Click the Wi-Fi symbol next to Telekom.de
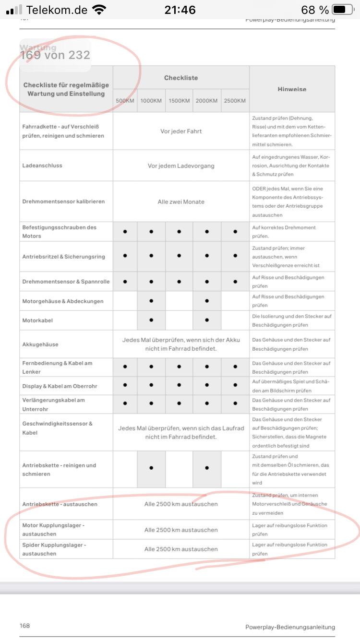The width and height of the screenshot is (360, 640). click(x=99, y=10)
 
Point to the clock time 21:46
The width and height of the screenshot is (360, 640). click(x=180, y=10)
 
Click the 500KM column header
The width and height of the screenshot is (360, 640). click(x=125, y=101)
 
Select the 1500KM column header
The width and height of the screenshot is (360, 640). click(x=179, y=101)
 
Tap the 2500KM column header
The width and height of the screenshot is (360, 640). click(x=235, y=101)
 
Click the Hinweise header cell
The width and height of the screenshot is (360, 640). click(x=292, y=89)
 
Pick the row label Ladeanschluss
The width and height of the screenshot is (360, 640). click(x=42, y=166)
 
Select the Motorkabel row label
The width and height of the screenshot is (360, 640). click(x=37, y=320)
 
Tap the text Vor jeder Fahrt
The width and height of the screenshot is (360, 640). click(x=181, y=131)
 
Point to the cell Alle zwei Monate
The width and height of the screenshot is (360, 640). click(x=181, y=202)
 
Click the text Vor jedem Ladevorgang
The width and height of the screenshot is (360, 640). click(x=181, y=166)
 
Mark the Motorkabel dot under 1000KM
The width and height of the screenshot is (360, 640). click(x=151, y=320)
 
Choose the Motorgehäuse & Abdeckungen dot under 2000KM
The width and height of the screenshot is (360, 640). click(x=207, y=301)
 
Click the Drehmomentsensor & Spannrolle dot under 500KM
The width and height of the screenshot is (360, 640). click(x=125, y=282)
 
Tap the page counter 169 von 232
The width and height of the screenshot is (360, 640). click(x=55, y=55)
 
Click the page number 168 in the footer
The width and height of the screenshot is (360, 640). click(x=25, y=626)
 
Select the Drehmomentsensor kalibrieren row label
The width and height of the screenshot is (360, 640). click(x=63, y=202)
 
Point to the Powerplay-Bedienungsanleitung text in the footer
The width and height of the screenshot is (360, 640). click(x=290, y=627)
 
